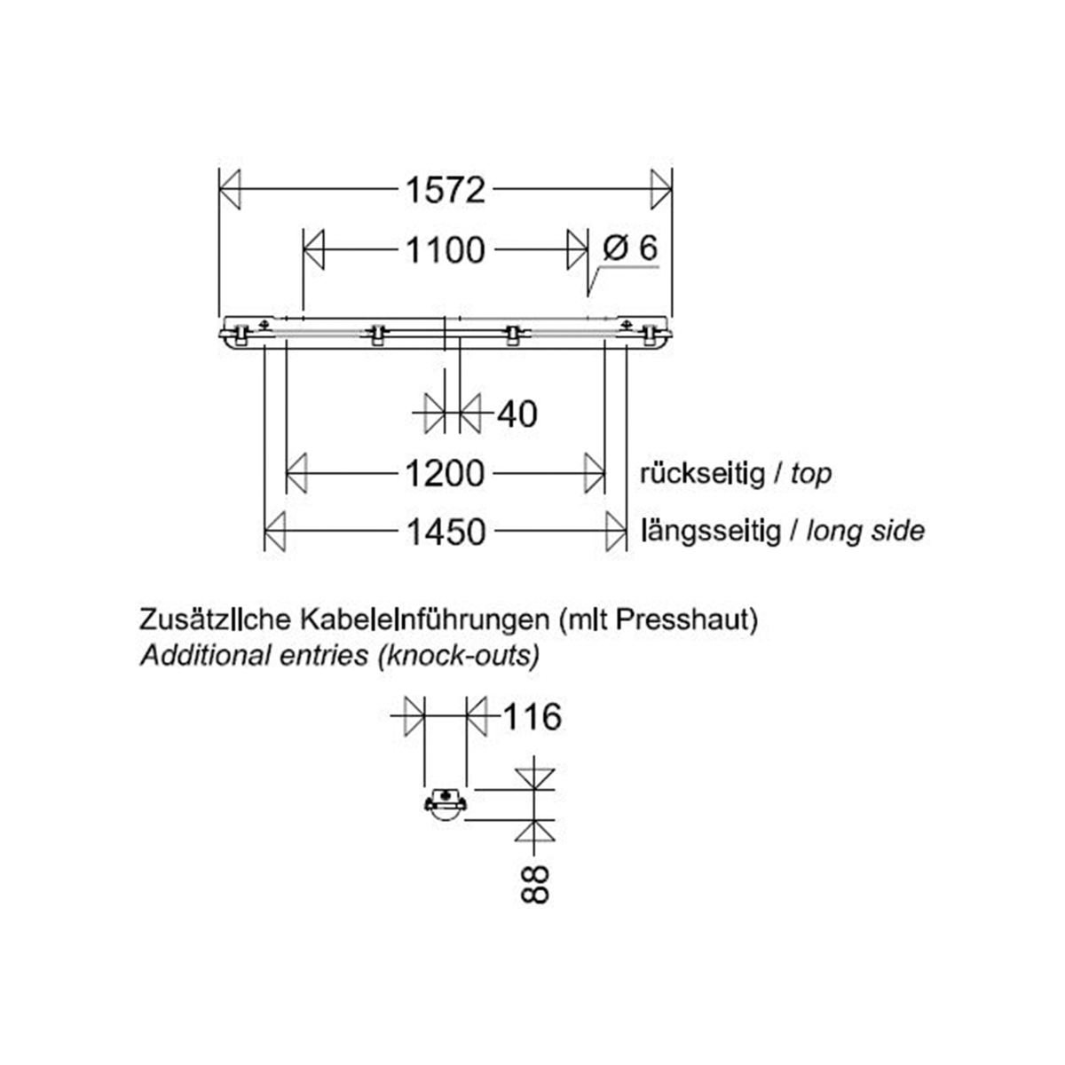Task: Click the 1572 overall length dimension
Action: click(x=446, y=189)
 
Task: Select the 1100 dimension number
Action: click(x=446, y=250)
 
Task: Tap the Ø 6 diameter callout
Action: click(x=630, y=248)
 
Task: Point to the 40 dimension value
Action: click(x=517, y=414)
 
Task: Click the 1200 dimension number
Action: click(x=446, y=473)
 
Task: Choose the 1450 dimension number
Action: click(x=446, y=532)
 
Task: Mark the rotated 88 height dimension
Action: click(x=534, y=884)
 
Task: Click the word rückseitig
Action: click(x=702, y=473)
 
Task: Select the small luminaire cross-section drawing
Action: click(x=446, y=805)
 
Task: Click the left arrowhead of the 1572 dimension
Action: click(x=230, y=189)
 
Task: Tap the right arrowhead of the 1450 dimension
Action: click(x=615, y=532)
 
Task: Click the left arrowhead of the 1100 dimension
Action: click(x=314, y=250)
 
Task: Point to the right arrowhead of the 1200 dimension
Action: click(x=594, y=473)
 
